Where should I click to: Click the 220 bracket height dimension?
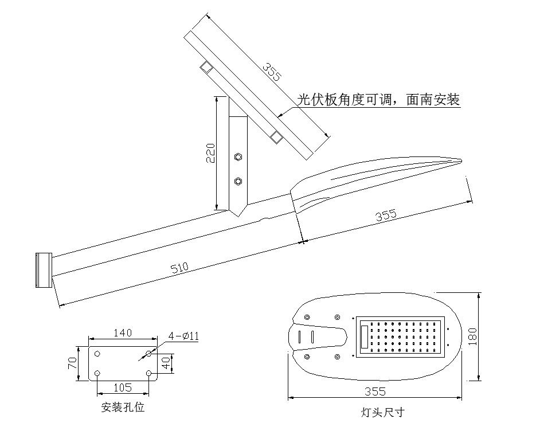[x=210, y=152]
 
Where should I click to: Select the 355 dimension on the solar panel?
[x=272, y=71]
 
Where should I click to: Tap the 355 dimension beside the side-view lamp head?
[x=386, y=216]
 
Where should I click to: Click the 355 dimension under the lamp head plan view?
[x=375, y=392]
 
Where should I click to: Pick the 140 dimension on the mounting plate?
[x=123, y=332]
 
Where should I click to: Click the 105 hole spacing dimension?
[x=123, y=387]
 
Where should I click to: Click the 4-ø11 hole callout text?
[x=183, y=336]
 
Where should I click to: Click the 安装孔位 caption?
[x=123, y=408]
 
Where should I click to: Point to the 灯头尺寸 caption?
[x=383, y=412]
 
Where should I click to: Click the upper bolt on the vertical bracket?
[x=238, y=156]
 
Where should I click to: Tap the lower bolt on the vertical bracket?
[x=238, y=182]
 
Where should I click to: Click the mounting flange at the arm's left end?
[x=44, y=270]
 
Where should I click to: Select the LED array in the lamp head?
[x=407, y=337]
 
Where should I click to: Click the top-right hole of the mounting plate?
[x=148, y=354]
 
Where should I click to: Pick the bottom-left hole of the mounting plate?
[x=97, y=374]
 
